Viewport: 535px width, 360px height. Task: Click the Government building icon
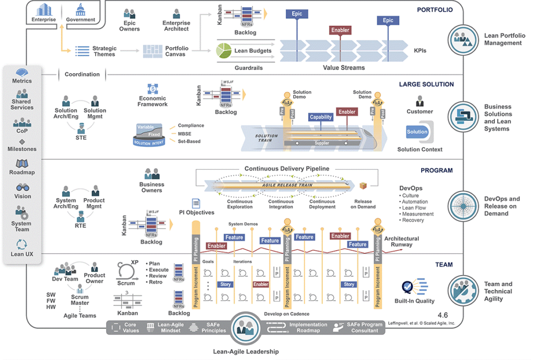80,9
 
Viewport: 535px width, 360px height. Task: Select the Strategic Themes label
104,51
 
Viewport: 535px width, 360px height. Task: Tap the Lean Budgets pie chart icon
224,51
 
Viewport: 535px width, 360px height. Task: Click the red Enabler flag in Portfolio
340,30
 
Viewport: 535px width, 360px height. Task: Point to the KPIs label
420,51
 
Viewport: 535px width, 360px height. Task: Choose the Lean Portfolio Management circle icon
463,39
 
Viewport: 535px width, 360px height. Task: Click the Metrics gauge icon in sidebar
22,73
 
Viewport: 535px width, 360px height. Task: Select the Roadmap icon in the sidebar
22,164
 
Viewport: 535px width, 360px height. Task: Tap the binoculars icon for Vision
22,188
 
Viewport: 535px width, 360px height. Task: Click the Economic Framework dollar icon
153,89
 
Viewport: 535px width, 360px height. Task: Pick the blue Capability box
320,117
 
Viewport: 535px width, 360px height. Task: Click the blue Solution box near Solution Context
417,132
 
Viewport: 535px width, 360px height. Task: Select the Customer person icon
420,101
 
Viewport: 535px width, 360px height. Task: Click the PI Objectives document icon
196,203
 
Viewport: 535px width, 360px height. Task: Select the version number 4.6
443,315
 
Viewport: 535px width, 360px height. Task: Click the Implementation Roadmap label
308,328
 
